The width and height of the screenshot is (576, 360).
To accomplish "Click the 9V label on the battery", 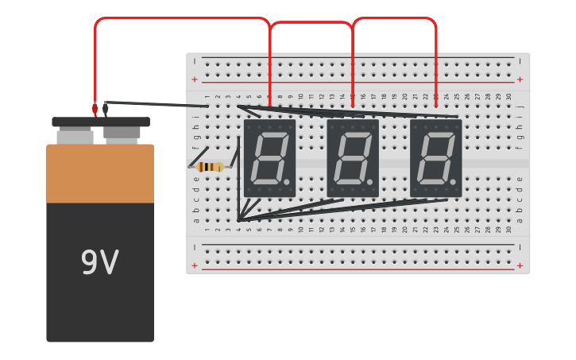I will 100,263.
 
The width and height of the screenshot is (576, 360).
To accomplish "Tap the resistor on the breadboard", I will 211,167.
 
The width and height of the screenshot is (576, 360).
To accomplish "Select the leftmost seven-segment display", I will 269,158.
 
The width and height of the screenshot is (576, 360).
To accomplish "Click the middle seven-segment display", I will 352,158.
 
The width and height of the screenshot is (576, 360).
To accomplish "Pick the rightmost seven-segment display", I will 435,158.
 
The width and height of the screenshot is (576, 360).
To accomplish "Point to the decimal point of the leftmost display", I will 286,183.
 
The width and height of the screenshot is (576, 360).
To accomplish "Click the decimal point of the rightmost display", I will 453,183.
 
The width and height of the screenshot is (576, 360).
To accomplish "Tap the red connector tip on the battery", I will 95,108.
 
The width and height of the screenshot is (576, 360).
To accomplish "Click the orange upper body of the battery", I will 100,173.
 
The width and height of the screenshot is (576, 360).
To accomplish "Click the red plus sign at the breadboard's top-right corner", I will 520,79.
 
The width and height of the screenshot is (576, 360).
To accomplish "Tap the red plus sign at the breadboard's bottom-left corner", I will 195,265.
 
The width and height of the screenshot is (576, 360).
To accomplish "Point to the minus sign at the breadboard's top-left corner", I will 195,60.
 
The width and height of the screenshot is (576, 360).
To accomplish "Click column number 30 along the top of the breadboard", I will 508,97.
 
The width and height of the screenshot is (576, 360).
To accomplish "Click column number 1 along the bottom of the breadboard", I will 207,230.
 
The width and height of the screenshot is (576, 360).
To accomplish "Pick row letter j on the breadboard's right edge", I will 520,106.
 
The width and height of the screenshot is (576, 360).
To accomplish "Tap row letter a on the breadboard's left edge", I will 196,220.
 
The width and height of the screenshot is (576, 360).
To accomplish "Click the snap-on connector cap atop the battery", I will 101,122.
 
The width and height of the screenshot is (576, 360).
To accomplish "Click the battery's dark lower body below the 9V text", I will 100,314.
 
